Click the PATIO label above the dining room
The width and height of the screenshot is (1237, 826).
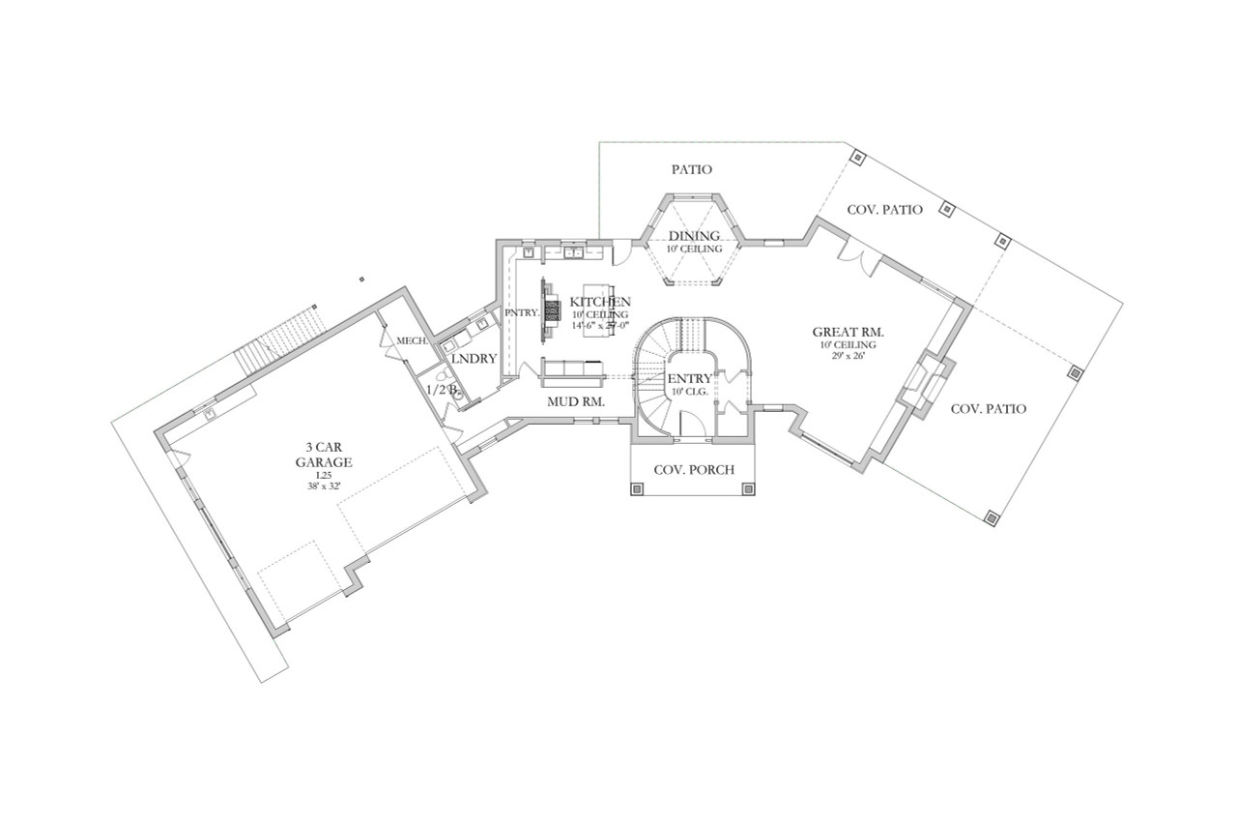(692, 170)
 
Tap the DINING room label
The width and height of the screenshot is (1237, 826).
(694, 236)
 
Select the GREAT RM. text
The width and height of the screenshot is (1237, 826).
(849, 332)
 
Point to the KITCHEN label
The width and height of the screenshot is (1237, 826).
(600, 302)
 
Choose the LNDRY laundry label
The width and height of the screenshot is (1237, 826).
(474, 359)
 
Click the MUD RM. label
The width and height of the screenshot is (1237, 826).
(576, 399)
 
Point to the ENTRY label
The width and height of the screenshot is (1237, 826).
(690, 378)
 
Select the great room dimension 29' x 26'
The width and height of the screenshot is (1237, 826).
(849, 356)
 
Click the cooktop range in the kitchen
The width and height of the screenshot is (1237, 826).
(553, 310)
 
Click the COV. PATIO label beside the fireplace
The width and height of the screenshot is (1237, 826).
(989, 409)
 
